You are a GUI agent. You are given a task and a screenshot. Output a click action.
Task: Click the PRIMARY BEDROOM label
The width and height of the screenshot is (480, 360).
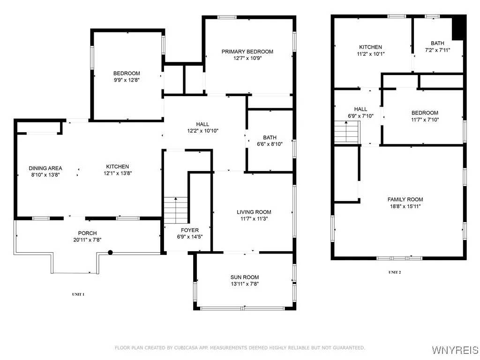tap(247, 52)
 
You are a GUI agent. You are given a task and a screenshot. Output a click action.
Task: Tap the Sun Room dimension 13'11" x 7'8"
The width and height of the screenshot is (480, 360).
tap(245, 284)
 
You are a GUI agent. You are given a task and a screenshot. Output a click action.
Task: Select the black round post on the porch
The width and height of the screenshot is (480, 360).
tap(110, 253)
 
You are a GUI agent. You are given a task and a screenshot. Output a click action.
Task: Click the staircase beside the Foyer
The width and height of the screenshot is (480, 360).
tap(176, 210)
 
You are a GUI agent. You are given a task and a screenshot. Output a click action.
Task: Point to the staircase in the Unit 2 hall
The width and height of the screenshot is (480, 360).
tap(346, 132)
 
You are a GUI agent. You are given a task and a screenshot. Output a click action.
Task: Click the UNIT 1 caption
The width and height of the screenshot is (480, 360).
tap(78, 294)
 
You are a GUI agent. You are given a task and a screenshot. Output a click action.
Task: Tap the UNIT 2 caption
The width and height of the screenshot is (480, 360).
tap(395, 272)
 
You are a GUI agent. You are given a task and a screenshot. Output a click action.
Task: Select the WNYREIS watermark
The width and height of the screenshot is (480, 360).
tap(455, 350)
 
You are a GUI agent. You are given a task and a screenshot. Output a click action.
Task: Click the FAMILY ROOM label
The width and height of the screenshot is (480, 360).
tap(405, 199)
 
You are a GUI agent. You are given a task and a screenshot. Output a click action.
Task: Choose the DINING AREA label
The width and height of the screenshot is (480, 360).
tap(45, 168)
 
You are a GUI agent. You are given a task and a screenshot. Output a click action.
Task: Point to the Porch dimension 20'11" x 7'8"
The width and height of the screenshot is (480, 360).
tap(87, 240)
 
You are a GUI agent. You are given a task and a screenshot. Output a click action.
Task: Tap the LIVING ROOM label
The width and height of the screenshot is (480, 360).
tap(254, 212)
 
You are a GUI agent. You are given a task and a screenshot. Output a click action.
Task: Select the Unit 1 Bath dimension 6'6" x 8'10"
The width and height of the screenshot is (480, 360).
tap(270, 144)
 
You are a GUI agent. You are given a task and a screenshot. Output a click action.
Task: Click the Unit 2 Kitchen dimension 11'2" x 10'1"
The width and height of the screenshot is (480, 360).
tap(371, 54)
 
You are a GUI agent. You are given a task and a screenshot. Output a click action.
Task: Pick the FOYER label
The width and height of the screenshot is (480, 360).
tap(190, 230)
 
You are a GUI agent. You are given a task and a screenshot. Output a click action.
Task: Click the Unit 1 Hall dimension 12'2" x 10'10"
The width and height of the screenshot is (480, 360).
tap(202, 131)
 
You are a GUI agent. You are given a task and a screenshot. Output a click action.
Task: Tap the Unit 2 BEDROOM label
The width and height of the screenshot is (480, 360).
tap(425, 112)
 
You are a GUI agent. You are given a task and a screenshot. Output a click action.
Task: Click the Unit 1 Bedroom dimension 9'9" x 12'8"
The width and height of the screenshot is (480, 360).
tap(127, 80)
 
